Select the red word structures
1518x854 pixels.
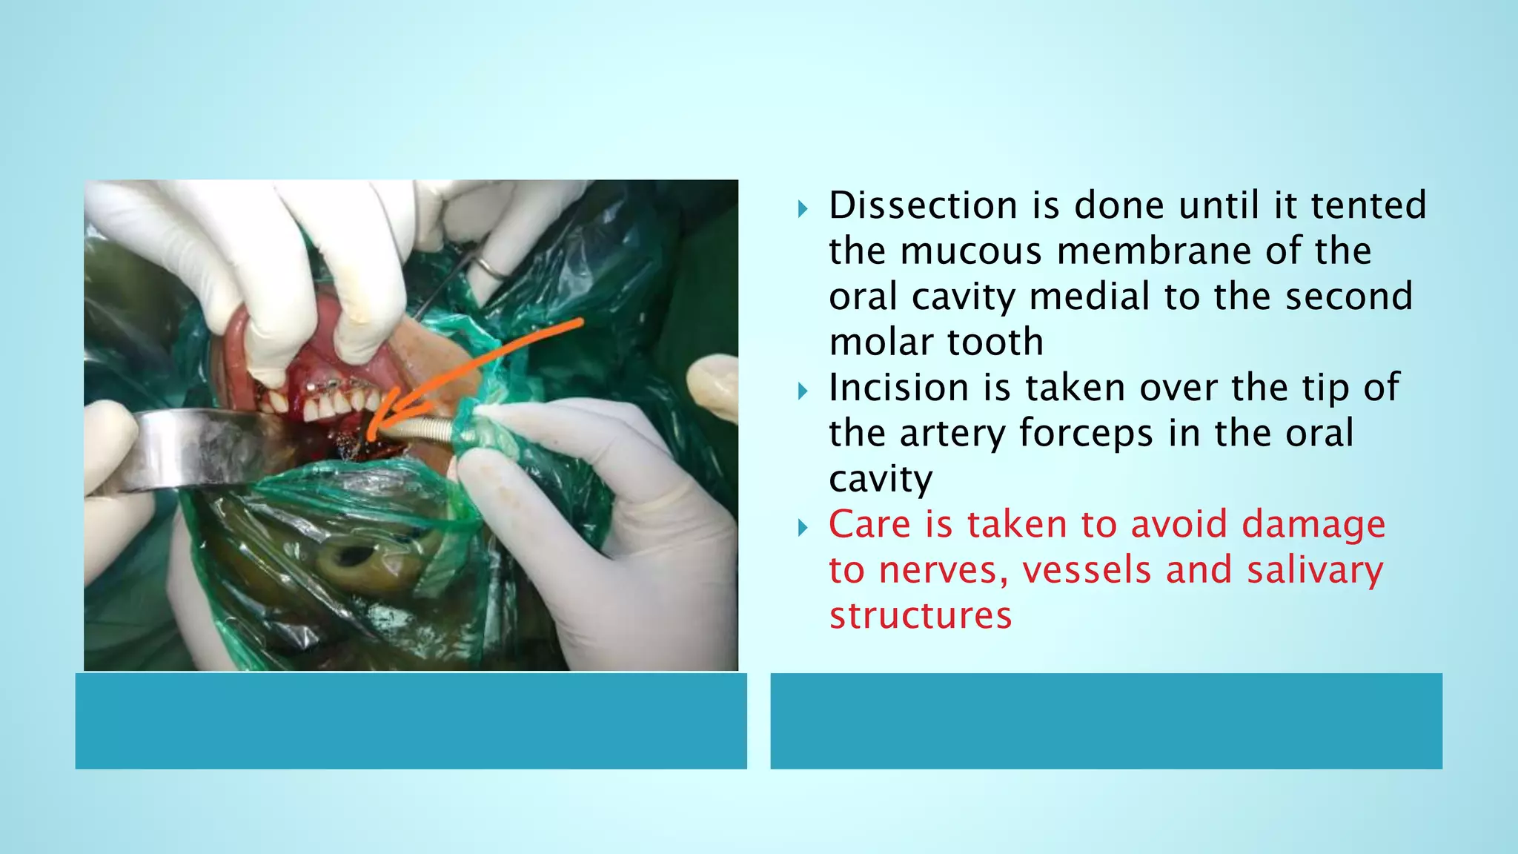point(920,616)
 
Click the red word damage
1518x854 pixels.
point(1313,525)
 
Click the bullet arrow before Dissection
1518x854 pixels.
point(803,210)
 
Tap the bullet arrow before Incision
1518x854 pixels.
point(803,391)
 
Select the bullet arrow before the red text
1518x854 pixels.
point(803,529)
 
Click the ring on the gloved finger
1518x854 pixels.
point(490,267)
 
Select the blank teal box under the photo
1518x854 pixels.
point(411,721)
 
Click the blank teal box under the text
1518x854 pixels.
point(1106,721)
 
